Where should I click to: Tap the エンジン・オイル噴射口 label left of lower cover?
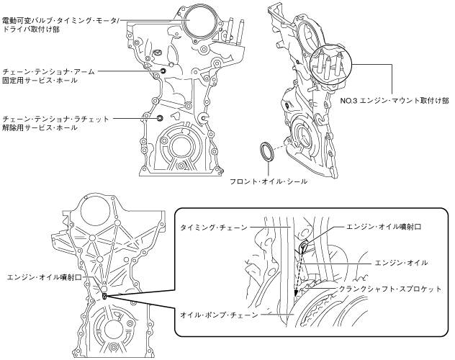tap(50, 276)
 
